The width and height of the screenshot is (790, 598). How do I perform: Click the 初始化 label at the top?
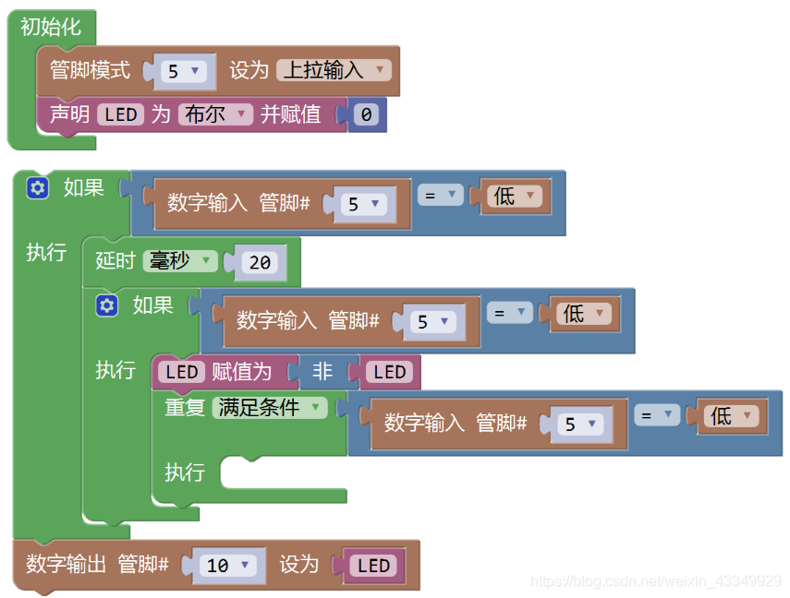[51, 27]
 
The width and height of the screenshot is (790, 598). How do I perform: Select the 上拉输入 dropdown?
[334, 70]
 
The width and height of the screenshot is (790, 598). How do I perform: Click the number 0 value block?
[367, 115]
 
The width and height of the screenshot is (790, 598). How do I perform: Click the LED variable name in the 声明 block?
[120, 114]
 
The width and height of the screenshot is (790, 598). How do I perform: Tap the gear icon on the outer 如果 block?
[38, 188]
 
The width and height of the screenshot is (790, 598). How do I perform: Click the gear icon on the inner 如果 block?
[107, 305]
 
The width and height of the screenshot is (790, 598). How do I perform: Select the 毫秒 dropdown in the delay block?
[179, 261]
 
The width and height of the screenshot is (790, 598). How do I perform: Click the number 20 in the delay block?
[260, 263]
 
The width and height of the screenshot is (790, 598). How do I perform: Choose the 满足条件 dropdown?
[269, 407]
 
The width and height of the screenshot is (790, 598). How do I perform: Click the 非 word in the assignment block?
[322, 372]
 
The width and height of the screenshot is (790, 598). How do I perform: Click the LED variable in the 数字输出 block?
[373, 565]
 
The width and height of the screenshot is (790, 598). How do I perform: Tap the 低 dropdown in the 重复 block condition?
[729, 416]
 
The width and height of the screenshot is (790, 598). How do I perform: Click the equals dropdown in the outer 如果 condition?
[440, 196]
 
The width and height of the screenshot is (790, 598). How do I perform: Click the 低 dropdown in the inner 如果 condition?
[581, 314]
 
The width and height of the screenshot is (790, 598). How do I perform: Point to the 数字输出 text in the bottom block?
[66, 564]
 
